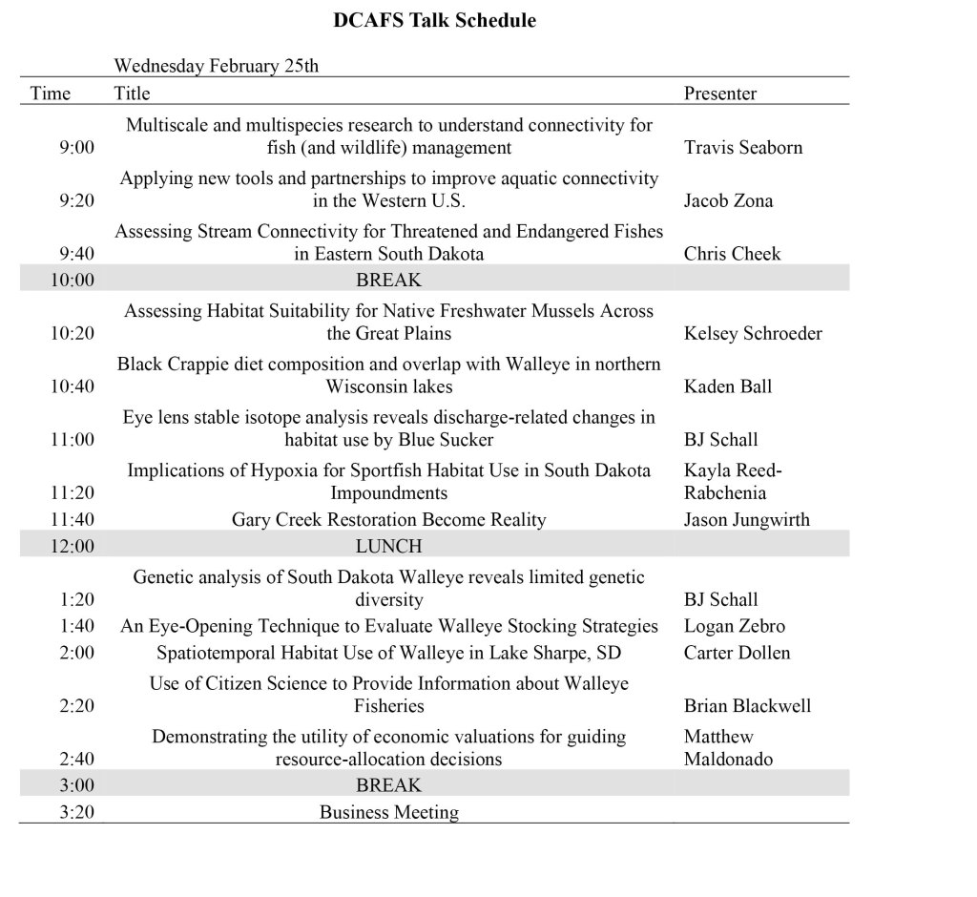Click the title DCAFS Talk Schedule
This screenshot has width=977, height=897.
click(434, 20)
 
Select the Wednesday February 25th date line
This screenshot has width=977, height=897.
click(217, 66)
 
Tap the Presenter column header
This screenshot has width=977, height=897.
click(720, 94)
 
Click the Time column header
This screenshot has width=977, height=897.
click(51, 94)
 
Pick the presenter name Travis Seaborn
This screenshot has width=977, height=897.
click(743, 148)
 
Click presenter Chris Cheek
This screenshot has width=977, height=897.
click(732, 254)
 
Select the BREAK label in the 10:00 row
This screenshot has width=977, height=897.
click(388, 281)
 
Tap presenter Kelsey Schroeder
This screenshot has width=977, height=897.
click(753, 334)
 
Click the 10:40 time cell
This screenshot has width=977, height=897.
click(73, 386)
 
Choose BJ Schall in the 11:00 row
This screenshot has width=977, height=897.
click(720, 440)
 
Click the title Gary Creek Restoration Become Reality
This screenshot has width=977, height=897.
click(388, 520)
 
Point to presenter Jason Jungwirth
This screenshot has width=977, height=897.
click(746, 520)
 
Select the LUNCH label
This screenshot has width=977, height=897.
click(388, 547)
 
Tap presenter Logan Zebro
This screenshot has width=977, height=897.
click(735, 627)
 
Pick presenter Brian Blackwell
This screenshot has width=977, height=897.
click(747, 706)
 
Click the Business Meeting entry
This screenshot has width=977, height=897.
click(388, 813)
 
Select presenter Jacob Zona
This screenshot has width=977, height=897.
click(728, 201)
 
